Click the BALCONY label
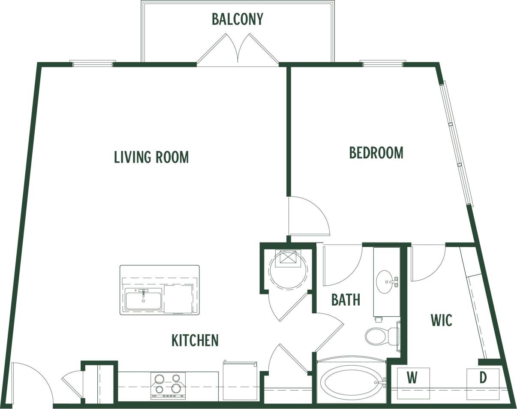(237, 19)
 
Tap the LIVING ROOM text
(151, 157)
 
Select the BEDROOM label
(376, 153)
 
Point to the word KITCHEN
(195, 340)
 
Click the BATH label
(346, 300)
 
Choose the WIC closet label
(441, 320)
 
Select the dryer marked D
(483, 384)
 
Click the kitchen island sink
(143, 298)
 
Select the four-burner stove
(168, 385)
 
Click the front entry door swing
(30, 382)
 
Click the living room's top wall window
(93, 64)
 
